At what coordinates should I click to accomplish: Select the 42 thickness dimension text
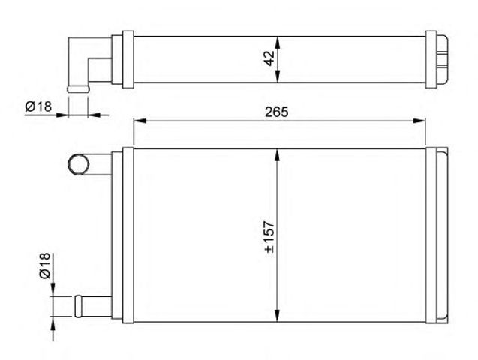click(269, 58)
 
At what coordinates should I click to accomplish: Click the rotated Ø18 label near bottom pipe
click(44, 266)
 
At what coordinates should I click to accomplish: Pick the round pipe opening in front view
click(77, 163)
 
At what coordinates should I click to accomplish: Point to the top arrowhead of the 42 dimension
click(278, 40)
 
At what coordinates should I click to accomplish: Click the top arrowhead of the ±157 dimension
click(278, 153)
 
